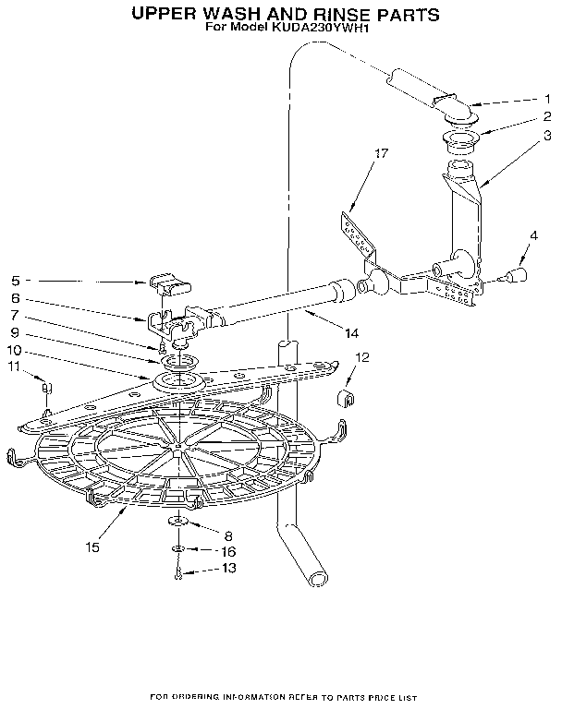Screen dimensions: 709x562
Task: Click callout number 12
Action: [x=362, y=356]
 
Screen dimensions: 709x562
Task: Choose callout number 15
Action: [x=92, y=547]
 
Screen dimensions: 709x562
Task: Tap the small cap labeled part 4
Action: [x=519, y=273]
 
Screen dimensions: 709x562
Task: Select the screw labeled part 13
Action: [x=177, y=575]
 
